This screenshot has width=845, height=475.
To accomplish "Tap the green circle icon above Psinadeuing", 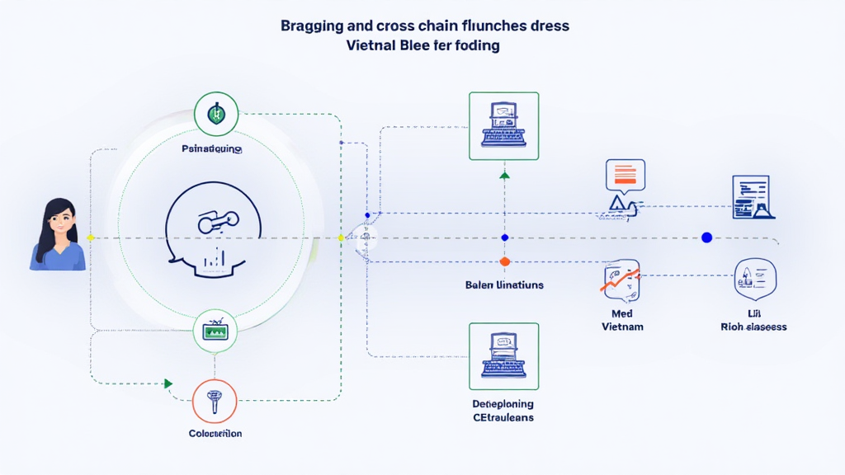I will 216,114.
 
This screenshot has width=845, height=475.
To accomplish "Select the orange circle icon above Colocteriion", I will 215,402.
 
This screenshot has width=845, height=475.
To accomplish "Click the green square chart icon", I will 215,332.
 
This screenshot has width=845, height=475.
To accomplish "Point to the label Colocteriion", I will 215,433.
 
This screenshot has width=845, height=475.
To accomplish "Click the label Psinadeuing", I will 212,149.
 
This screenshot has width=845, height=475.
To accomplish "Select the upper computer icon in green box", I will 503,125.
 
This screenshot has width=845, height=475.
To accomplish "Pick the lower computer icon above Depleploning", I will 503,355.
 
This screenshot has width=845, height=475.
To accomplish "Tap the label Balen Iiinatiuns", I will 504,285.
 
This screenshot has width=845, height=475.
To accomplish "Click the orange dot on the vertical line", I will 505,261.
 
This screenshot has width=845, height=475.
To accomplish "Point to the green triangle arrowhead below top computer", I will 505,175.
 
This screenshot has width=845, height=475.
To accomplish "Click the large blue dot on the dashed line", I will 706,237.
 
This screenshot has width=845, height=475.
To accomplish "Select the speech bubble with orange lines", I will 625,175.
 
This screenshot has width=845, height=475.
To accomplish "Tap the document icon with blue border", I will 751,197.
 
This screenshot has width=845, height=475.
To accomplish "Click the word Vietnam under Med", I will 622,327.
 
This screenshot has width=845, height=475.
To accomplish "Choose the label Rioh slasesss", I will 753,327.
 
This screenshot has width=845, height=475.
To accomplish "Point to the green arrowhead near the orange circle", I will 168,383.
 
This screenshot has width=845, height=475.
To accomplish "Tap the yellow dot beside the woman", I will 91,237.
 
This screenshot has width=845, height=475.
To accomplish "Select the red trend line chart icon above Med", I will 621,280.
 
